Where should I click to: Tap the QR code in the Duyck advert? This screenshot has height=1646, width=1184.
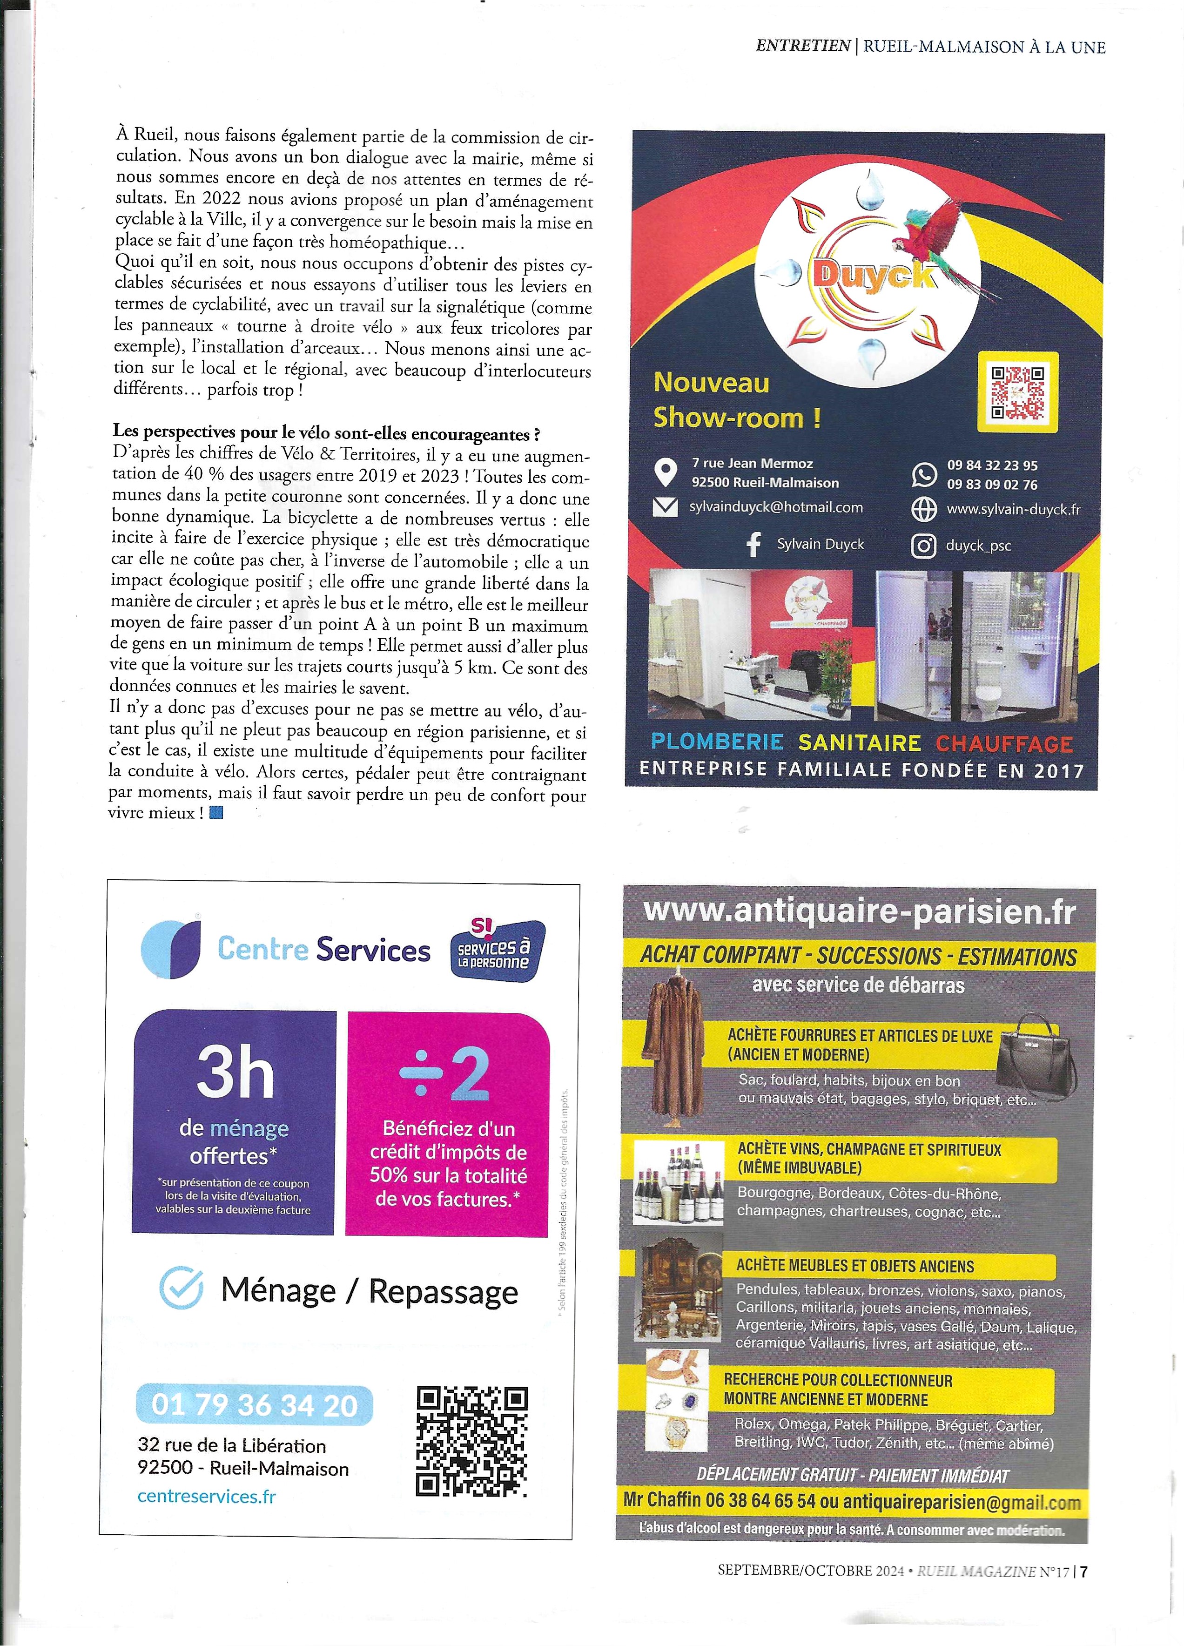1018,392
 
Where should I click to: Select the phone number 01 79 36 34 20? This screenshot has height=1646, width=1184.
255,1405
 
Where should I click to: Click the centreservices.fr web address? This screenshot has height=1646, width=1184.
207,1496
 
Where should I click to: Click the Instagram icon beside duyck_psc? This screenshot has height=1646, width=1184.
923,546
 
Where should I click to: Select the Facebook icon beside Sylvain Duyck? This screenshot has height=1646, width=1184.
754,544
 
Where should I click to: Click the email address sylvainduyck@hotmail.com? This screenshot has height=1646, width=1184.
775,507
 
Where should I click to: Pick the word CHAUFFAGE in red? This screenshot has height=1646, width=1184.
1004,743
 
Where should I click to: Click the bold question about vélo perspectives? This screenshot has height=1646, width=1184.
326,434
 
